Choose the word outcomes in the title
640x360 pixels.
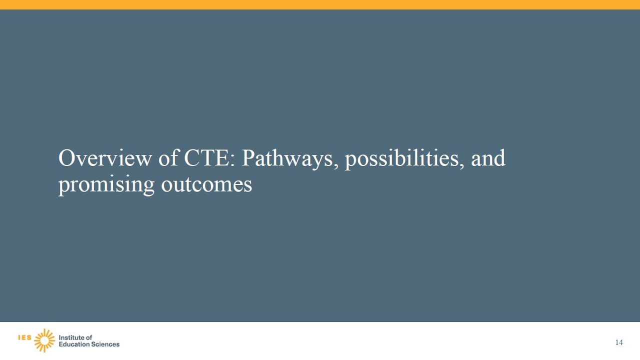(206, 184)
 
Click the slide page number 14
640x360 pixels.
(619, 342)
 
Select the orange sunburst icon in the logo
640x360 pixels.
(44, 340)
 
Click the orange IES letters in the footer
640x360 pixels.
(24, 337)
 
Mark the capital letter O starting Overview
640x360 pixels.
(66, 158)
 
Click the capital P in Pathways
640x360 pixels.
(248, 158)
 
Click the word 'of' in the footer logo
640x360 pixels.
(89, 337)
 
